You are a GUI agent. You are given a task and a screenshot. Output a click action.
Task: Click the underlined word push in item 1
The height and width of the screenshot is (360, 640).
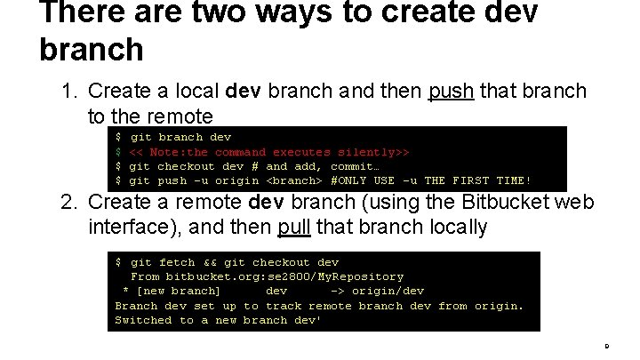(452, 92)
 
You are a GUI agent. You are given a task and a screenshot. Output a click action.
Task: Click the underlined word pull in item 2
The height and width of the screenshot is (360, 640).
(293, 228)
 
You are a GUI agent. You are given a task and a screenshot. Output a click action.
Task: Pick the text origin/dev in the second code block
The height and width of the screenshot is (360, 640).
(388, 291)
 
